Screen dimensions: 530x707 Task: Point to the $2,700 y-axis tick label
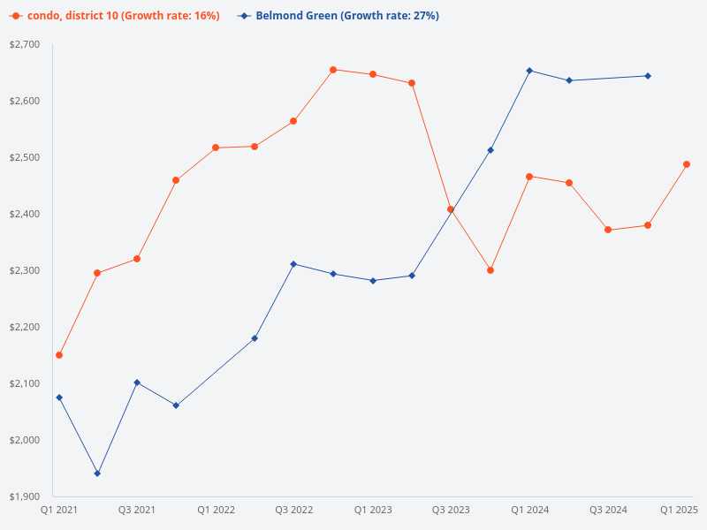pos(25,44)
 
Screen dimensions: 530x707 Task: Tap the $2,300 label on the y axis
pos(25,270)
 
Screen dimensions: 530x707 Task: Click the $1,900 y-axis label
pos(25,496)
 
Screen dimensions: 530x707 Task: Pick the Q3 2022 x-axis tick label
pos(294,510)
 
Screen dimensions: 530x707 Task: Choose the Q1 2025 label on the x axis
pos(680,510)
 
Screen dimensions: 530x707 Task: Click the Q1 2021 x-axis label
pos(59,510)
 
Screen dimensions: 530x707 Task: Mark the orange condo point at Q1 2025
pos(687,164)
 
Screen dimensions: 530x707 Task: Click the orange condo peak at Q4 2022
pos(333,70)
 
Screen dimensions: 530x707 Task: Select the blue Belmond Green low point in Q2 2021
pos(97,473)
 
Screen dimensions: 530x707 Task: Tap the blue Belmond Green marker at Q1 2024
pos(529,71)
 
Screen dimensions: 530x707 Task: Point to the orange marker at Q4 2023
pos(490,270)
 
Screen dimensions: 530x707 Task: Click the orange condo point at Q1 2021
pos(59,355)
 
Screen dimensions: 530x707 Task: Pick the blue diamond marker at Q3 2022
pos(293,264)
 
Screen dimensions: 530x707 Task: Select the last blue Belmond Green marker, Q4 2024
pos(648,76)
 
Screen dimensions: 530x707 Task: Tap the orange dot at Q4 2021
pos(176,180)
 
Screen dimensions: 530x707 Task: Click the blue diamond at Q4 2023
pos(490,150)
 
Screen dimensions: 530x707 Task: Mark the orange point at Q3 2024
pos(608,230)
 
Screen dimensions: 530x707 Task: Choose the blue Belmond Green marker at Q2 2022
pos(255,338)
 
